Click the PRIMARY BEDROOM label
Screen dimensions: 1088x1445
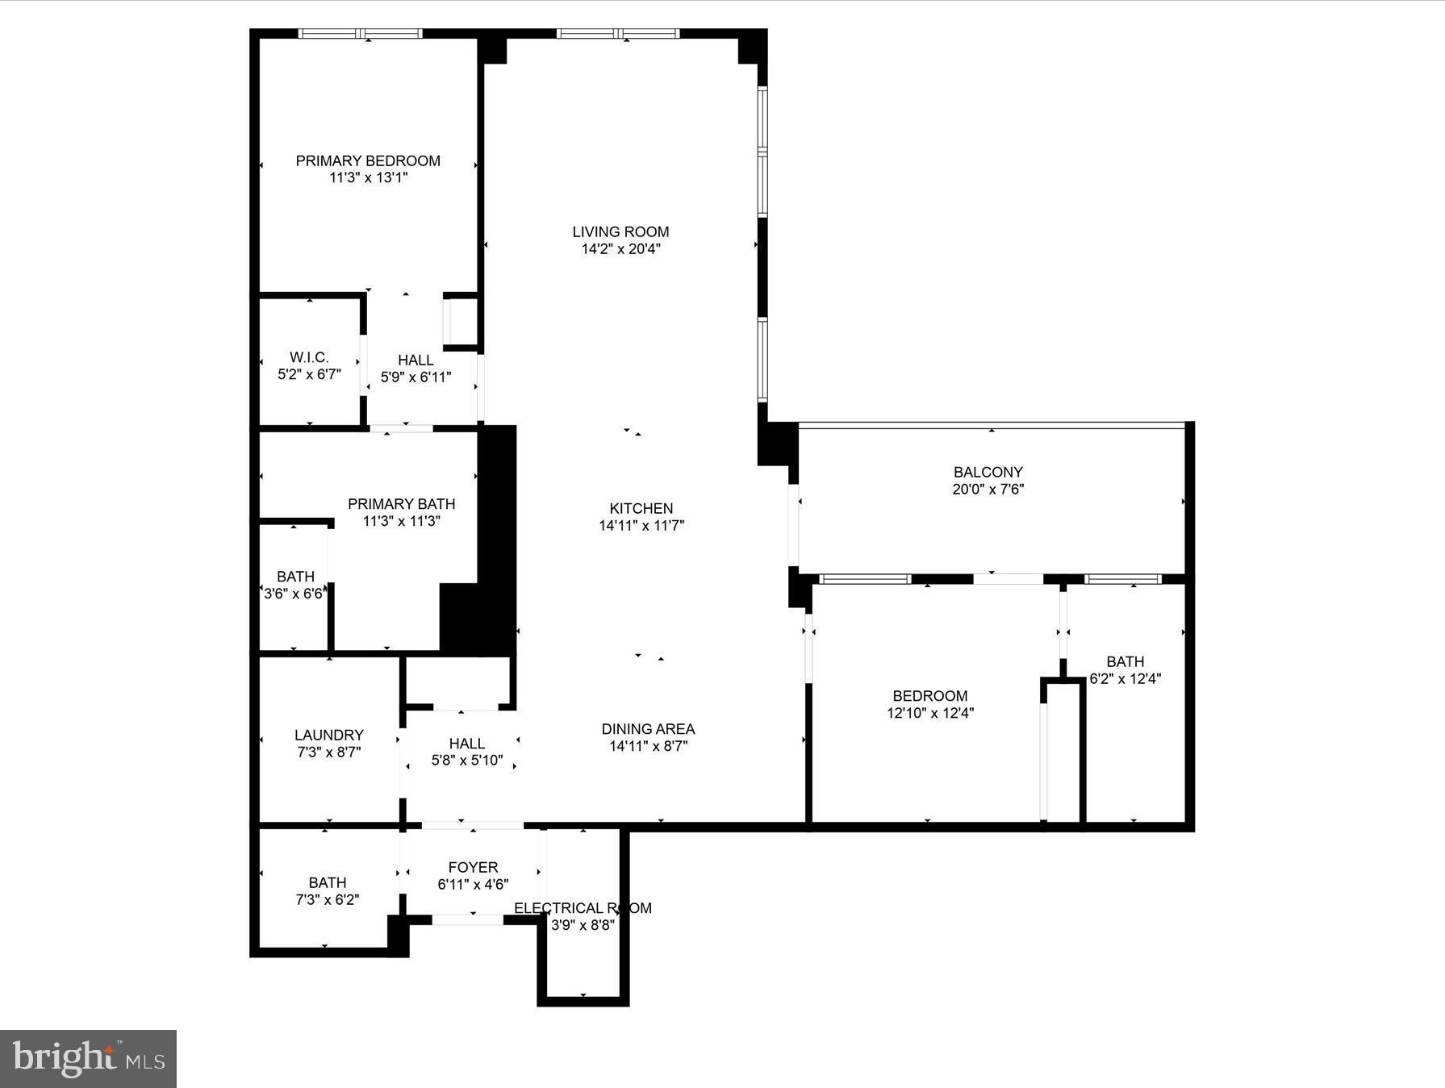point(368,160)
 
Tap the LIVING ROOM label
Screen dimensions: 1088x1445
point(620,231)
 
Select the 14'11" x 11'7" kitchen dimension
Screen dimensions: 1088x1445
point(641,526)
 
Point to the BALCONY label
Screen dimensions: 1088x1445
point(988,472)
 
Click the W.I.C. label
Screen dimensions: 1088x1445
point(309,357)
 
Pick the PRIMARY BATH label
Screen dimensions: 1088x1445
point(401,504)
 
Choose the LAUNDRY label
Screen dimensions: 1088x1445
point(328,735)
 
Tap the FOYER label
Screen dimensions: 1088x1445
point(473,867)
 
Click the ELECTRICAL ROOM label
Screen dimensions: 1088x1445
point(583,908)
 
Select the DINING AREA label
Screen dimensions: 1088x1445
point(648,729)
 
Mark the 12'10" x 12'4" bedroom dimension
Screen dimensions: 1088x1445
point(929,713)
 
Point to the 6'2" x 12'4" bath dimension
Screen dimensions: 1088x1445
point(1125,679)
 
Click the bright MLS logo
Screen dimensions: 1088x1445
point(88,1058)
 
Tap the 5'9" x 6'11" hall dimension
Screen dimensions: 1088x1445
point(416,377)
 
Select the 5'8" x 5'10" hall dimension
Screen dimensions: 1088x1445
point(466,760)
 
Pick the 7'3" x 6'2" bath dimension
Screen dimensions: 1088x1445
point(327,899)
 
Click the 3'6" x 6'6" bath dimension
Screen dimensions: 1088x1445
point(294,594)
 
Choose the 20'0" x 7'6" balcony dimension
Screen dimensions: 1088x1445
point(988,489)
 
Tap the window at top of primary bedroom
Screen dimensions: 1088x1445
point(361,34)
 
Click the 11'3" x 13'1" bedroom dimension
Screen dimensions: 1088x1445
point(368,177)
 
